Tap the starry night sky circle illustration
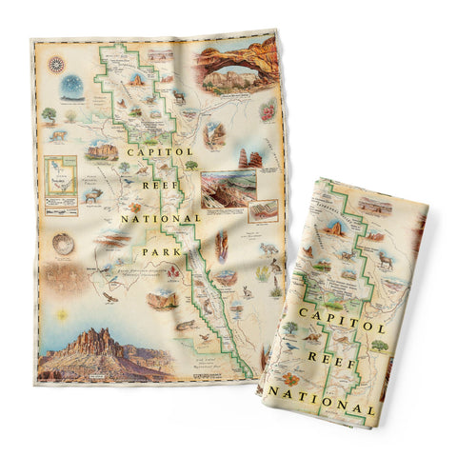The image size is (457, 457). [x=70, y=88]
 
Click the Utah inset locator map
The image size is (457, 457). [x=60, y=176]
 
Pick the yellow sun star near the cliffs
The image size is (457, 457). [x=59, y=313]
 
